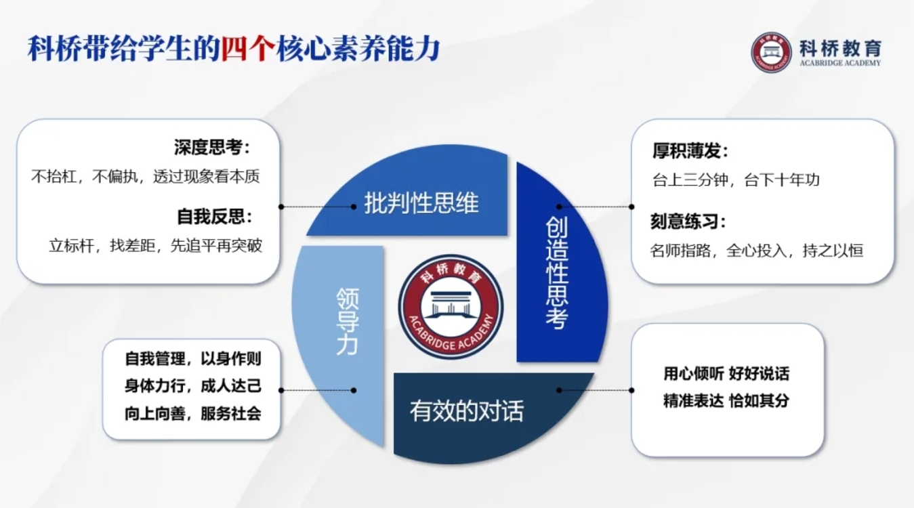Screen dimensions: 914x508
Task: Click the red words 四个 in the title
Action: [x=248, y=49]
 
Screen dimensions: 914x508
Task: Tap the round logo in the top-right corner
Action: [x=771, y=52]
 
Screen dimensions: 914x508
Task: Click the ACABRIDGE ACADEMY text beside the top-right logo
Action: [x=840, y=63]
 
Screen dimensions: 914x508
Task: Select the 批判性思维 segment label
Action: [x=421, y=203]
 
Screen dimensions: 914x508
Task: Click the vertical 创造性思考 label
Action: [x=557, y=272]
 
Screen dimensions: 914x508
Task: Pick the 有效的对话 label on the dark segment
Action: [x=467, y=410]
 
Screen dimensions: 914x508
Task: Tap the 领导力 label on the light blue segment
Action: [x=347, y=321]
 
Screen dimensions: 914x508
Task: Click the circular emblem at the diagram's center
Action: [x=451, y=307]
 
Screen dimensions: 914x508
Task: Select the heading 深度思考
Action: [x=212, y=147]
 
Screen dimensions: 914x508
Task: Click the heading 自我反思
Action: [x=214, y=216]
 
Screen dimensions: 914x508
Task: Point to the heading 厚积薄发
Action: [x=690, y=150]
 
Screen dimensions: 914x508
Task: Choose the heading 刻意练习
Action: [x=688, y=221]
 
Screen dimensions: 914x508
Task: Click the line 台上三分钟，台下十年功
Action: [x=736, y=179]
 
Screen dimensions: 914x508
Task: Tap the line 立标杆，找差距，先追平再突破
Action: [x=155, y=246]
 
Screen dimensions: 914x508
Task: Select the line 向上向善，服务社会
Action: [x=193, y=414]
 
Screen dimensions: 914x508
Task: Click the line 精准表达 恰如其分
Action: [x=726, y=401]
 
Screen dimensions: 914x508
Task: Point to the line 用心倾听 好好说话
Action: [x=726, y=373]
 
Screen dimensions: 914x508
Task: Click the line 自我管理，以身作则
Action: [x=193, y=359]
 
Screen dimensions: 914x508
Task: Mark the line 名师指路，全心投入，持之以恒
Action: [x=757, y=251]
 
